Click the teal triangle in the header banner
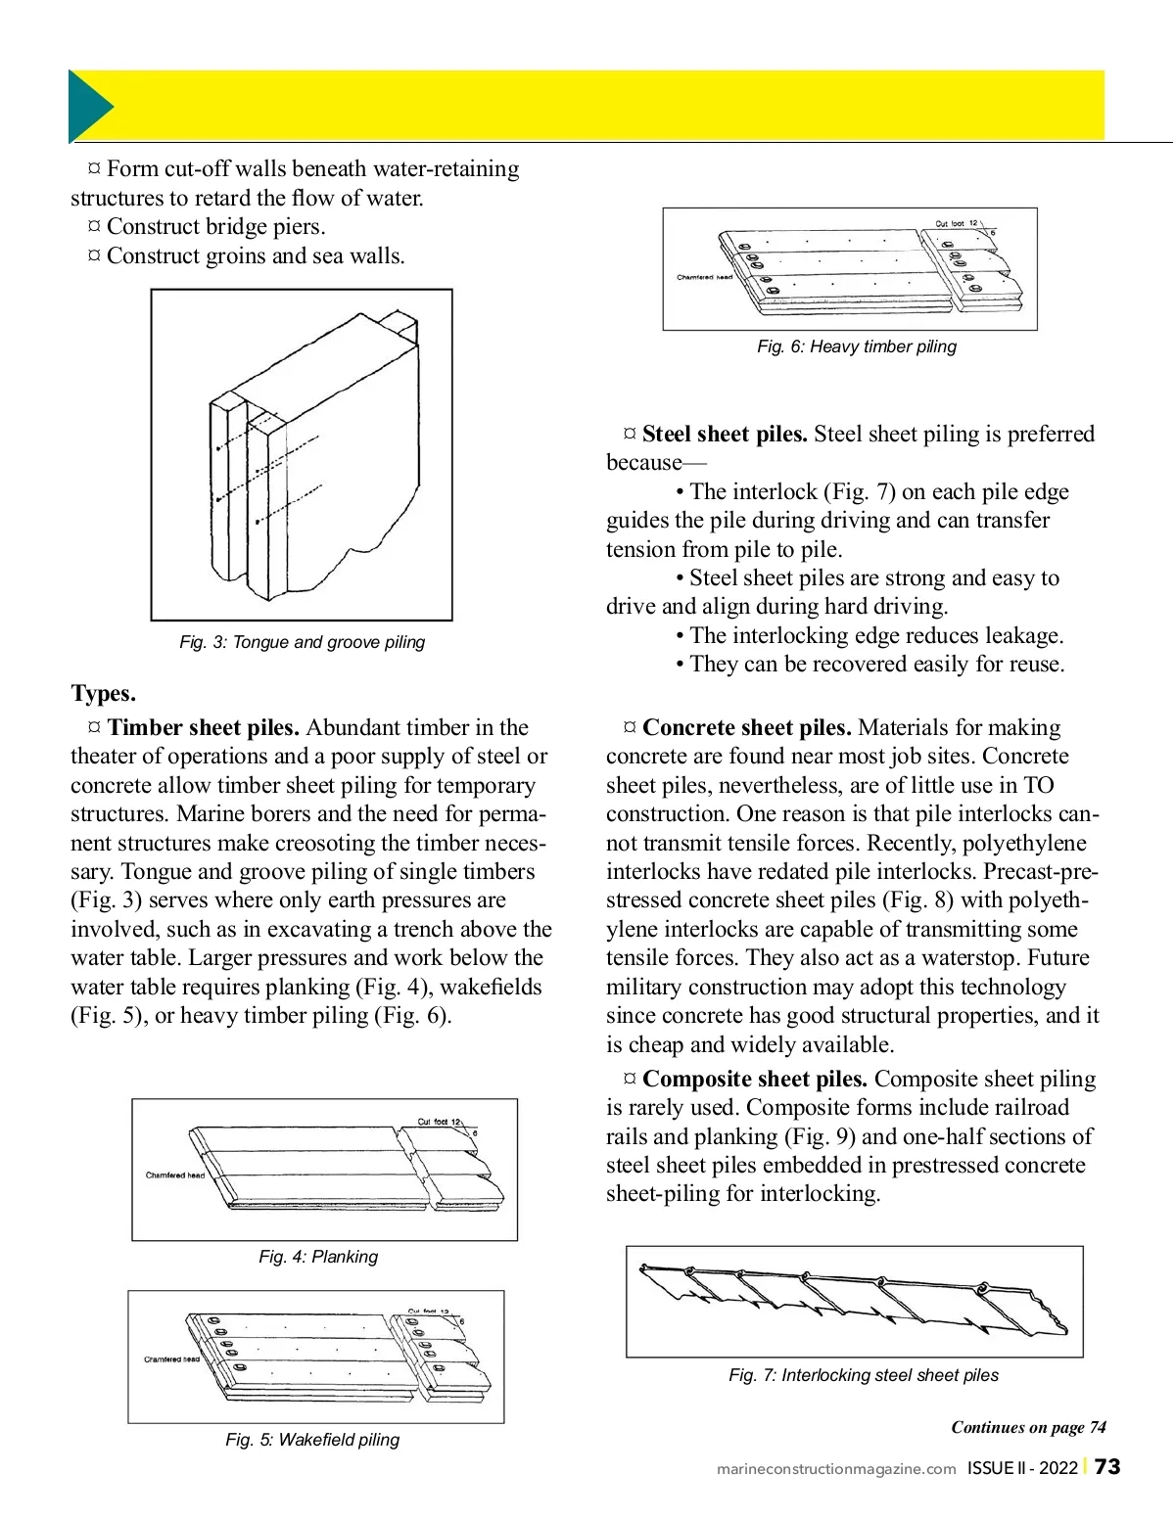pyautogui.click(x=88, y=106)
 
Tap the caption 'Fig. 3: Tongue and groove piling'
pyautogui.click(x=302, y=642)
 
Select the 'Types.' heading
pyautogui.click(x=103, y=694)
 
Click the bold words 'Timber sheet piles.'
pyautogui.click(x=203, y=727)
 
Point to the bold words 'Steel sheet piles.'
pyautogui.click(x=725, y=434)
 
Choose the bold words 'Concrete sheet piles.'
pyautogui.click(x=746, y=727)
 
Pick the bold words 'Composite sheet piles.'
pyautogui.click(x=754, y=1079)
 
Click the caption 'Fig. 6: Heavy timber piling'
pyautogui.click(x=856, y=346)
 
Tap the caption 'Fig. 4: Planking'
pyautogui.click(x=318, y=1257)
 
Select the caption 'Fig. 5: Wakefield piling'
pyautogui.click(x=312, y=1440)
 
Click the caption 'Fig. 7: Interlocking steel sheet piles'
pyautogui.click(x=864, y=1375)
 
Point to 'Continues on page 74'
pyautogui.click(x=1028, y=1427)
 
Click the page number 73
pyautogui.click(x=1107, y=1467)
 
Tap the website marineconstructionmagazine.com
pyautogui.click(x=836, y=1469)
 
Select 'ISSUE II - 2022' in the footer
pyautogui.click(x=1021, y=1468)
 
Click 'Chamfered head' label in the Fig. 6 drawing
pyautogui.click(x=704, y=277)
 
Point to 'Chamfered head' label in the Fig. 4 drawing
pyautogui.click(x=175, y=1175)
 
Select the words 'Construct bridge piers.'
pyautogui.click(x=215, y=227)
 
